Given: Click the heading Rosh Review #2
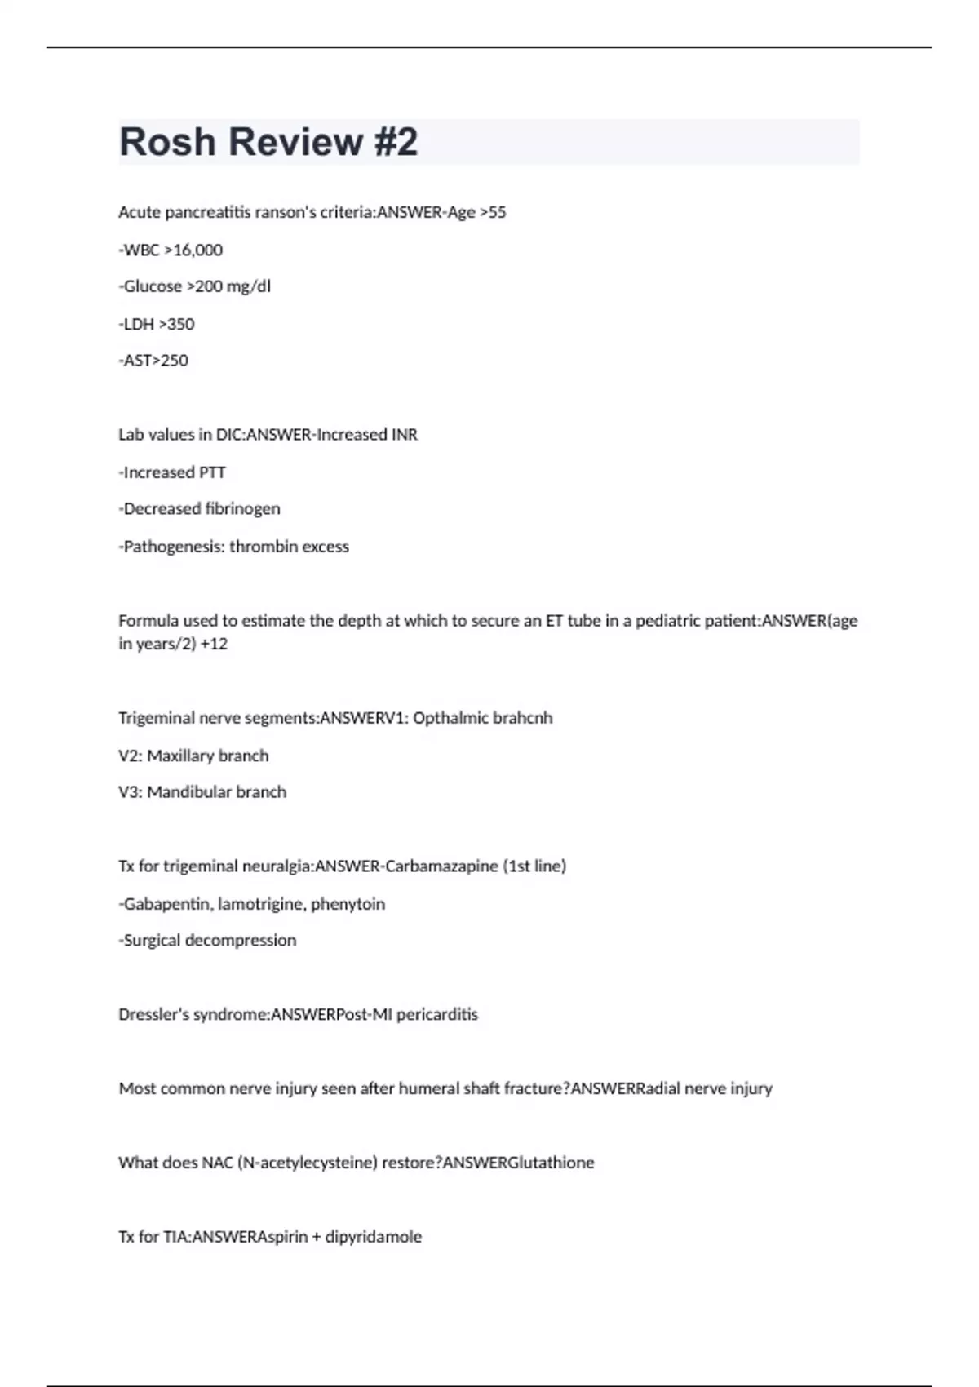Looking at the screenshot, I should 268,142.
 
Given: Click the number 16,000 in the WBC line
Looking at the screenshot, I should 198,250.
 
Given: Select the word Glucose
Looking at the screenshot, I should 153,286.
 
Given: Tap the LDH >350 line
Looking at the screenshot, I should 157,324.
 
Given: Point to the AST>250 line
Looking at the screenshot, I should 153,361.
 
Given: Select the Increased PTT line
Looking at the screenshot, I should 172,472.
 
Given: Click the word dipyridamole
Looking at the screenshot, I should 374,1237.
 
